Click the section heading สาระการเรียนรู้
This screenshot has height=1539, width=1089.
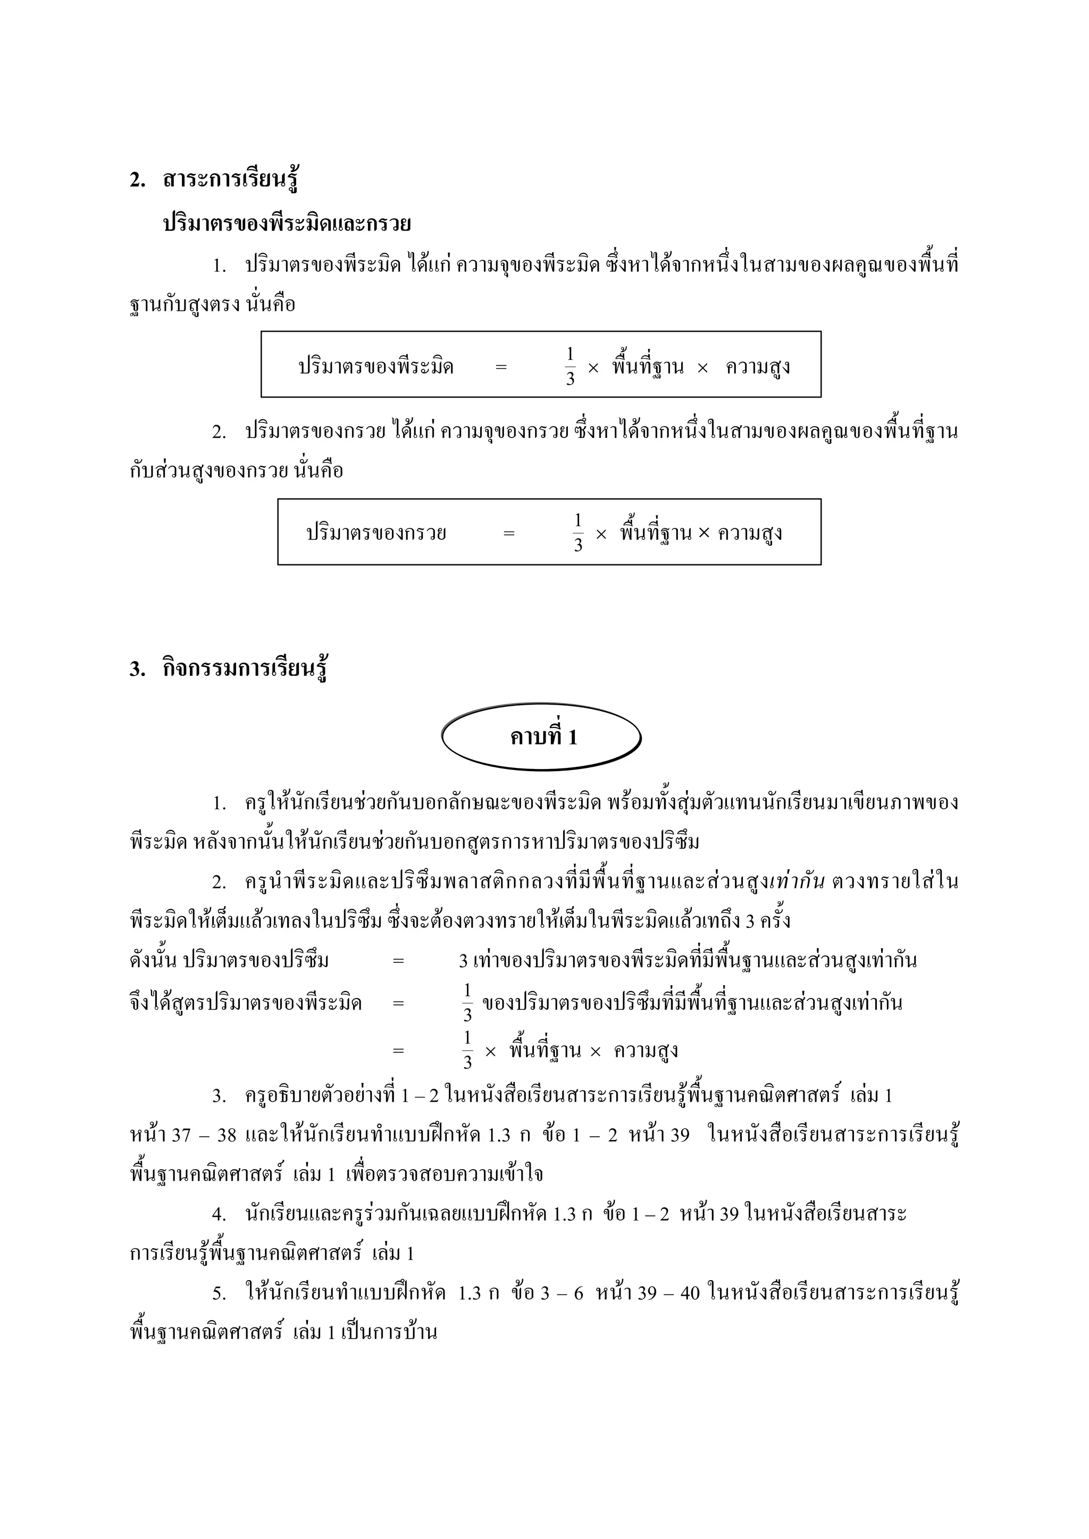pyautogui.click(x=230, y=180)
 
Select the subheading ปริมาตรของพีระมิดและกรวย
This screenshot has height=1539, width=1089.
pyautogui.click(x=287, y=224)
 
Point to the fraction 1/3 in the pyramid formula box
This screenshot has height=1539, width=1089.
pyautogui.click(x=570, y=366)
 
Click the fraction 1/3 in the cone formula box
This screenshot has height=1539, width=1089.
pyautogui.click(x=578, y=533)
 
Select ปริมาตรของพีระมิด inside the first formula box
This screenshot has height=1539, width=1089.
pyautogui.click(x=376, y=367)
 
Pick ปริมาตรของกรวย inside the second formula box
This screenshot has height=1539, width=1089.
pyautogui.click(x=376, y=534)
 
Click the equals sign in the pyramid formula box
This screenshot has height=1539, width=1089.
pyautogui.click(x=501, y=367)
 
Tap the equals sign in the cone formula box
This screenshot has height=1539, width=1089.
pyautogui.click(x=509, y=534)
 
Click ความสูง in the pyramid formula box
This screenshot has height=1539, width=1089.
pyautogui.click(x=758, y=367)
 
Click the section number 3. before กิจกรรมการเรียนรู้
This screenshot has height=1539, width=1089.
pyautogui.click(x=138, y=670)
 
